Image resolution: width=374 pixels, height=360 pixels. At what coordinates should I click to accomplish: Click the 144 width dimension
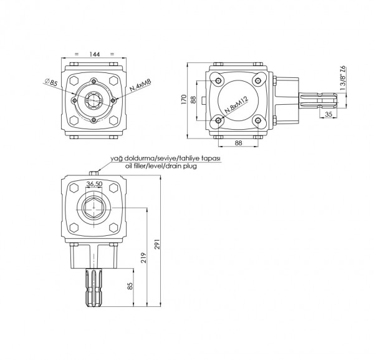click(94, 55)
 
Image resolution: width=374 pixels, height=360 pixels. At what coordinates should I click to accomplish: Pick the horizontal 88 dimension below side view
click(239, 142)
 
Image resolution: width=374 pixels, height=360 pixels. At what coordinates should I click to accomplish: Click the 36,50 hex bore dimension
click(95, 184)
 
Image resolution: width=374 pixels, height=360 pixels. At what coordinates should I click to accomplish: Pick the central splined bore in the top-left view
click(94, 99)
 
